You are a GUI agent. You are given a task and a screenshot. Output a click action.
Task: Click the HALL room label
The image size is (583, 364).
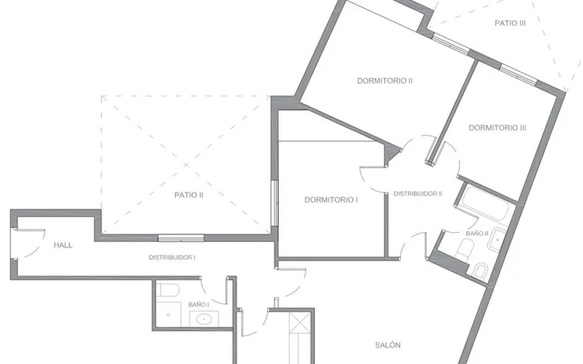pos(63,245)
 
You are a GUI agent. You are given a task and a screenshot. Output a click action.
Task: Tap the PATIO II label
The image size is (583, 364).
pos(189,195)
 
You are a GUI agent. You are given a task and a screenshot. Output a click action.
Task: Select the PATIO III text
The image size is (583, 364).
pos(510,23)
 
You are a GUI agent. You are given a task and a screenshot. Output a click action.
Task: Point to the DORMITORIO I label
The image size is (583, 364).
pos(331,200)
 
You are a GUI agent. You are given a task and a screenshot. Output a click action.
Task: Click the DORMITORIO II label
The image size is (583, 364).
pos(385,81)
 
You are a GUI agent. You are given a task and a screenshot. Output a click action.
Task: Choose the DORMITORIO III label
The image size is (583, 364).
pos(497,128)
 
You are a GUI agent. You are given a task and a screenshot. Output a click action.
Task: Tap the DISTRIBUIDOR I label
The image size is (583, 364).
pos(172,257)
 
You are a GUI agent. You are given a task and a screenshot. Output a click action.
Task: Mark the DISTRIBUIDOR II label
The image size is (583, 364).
pos(418,193)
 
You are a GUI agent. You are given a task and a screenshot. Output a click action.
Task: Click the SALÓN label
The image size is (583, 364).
pos(388,345)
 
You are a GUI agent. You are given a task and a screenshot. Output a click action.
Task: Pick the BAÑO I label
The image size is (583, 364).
pos(198,305)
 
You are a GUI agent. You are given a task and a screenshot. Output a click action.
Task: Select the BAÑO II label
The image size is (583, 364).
pos(477,234)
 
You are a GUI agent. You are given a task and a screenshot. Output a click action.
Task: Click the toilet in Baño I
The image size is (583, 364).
pos(168,290)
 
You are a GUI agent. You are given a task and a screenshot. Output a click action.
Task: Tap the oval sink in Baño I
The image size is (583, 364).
pos(203,320)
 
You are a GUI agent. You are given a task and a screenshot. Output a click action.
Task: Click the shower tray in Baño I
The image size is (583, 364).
pos(168,314)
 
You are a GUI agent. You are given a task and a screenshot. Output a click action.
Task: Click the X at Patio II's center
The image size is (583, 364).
pos(186,164)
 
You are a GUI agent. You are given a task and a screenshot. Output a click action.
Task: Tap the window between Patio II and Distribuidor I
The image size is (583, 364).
pos(181,238)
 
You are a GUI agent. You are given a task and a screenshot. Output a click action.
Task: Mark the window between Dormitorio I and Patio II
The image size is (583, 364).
pos(274,203)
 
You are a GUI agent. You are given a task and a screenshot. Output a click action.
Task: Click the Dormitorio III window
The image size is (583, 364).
pos(518,74)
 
